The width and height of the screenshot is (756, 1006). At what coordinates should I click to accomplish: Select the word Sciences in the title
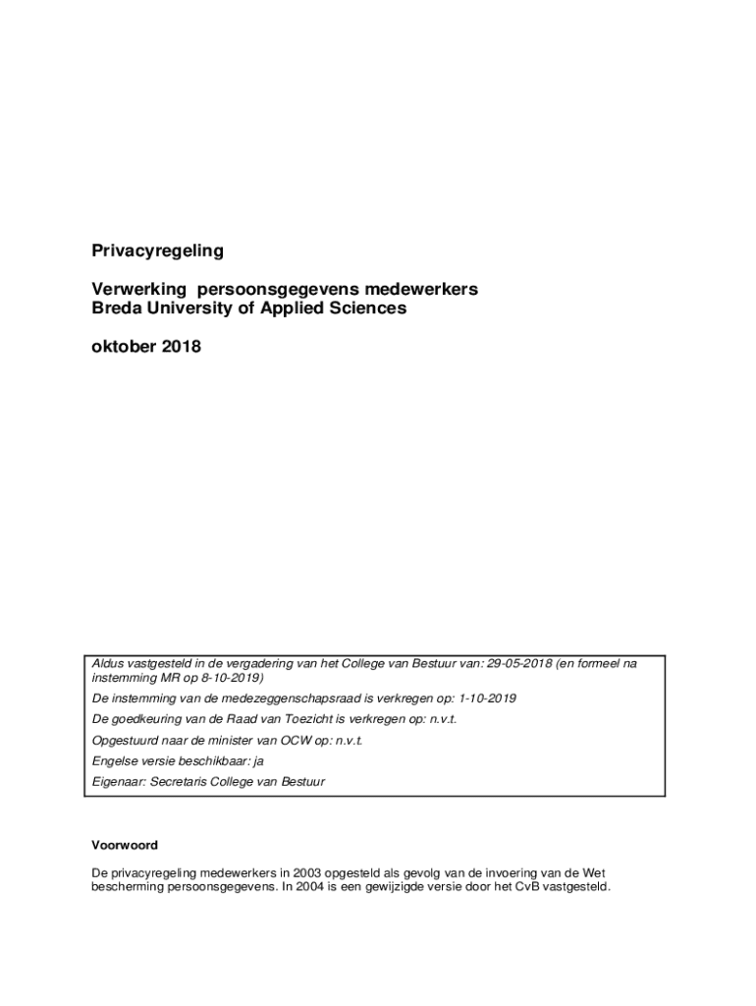coord(364,308)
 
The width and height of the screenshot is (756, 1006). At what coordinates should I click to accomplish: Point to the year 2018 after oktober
coord(181,346)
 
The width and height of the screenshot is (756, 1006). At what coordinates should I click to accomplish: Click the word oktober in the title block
coord(124,346)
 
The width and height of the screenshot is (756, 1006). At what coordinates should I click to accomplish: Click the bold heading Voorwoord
coord(125,845)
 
